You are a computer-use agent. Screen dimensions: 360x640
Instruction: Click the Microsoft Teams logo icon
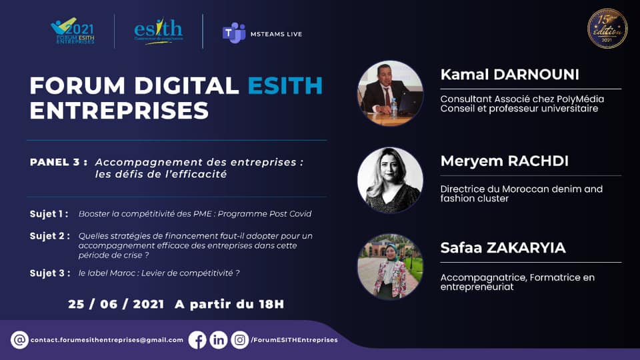[x=233, y=33]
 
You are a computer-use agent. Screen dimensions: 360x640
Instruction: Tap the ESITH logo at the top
[x=158, y=31]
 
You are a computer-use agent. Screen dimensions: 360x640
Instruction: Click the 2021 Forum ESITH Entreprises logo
[x=73, y=31]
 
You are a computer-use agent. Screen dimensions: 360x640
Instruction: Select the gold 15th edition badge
[x=607, y=29]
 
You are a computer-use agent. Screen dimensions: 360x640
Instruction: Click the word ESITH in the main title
[x=285, y=86]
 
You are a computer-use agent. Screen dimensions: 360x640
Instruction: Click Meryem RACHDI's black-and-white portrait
[x=390, y=180]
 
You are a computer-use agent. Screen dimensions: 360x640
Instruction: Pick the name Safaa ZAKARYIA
[x=503, y=248]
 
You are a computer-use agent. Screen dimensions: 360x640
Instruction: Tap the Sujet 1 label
[x=49, y=214]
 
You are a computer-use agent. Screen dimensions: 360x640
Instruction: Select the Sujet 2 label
[x=49, y=236]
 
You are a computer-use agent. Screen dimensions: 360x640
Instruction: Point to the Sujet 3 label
[x=49, y=272]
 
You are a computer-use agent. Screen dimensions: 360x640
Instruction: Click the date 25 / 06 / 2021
[x=116, y=304]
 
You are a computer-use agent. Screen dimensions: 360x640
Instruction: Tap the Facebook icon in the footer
[x=197, y=340]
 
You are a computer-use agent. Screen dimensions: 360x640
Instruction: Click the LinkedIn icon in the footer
[x=219, y=340]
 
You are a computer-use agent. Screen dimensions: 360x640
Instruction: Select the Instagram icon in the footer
[x=240, y=340]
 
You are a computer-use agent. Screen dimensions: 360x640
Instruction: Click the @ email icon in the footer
[x=20, y=340]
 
